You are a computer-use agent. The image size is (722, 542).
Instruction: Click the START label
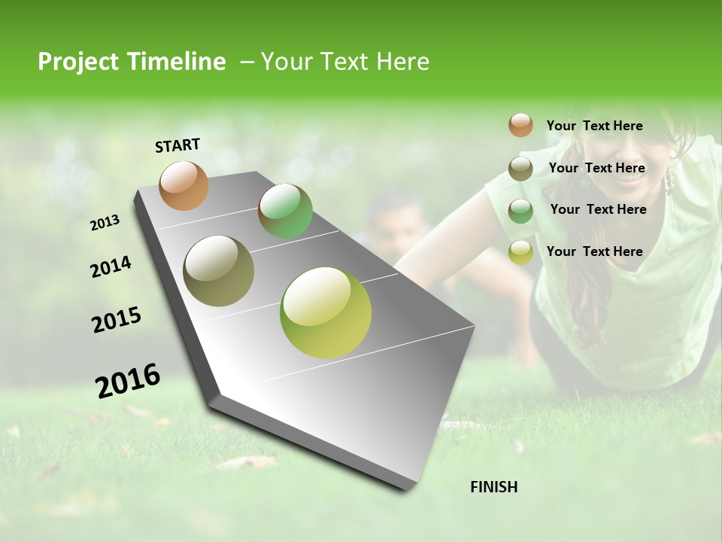pyautogui.click(x=177, y=145)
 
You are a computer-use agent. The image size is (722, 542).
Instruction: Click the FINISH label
pyautogui.click(x=493, y=487)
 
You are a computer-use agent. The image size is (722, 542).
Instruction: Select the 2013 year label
pyautogui.click(x=105, y=223)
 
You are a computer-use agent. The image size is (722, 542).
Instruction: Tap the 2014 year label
pyautogui.click(x=111, y=267)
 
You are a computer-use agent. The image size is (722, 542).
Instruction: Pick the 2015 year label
pyautogui.click(x=117, y=320)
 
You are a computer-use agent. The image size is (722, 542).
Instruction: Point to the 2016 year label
pyautogui.click(x=128, y=380)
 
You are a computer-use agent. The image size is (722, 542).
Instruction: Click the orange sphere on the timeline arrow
pyautogui.click(x=184, y=185)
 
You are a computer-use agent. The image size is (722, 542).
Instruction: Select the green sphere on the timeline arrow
pyautogui.click(x=285, y=211)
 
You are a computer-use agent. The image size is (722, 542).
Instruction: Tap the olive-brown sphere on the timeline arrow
pyautogui.click(x=218, y=271)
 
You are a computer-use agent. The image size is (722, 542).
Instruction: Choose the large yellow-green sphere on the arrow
pyautogui.click(x=326, y=312)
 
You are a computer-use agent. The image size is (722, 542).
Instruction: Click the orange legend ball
pyautogui.click(x=520, y=125)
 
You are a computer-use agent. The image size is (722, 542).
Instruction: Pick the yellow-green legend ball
pyautogui.click(x=520, y=252)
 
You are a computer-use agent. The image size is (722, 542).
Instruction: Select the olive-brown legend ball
pyautogui.click(x=520, y=169)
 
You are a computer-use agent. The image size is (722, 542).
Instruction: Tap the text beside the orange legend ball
pyautogui.click(x=594, y=126)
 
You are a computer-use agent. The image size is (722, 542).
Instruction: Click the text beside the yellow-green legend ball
pyautogui.click(x=594, y=251)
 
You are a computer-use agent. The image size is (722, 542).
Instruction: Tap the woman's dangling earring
pyautogui.click(x=667, y=181)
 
